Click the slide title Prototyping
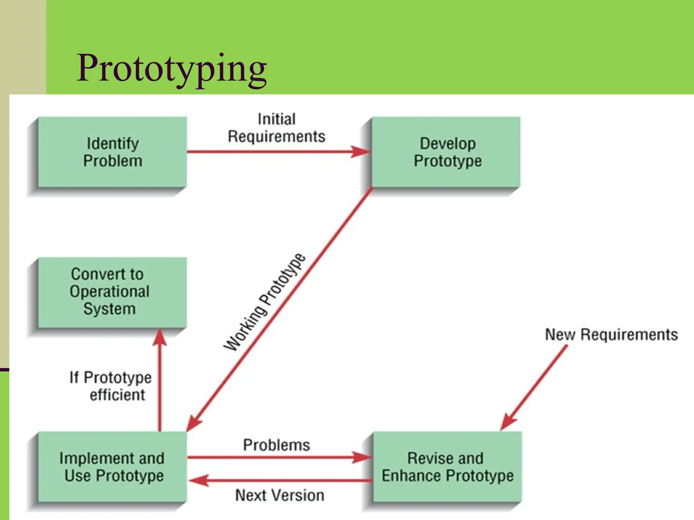[172, 69]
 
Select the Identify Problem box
[113, 152]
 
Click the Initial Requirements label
[276, 128]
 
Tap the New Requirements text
[611, 334]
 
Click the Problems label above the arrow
[276, 445]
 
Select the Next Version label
[280, 495]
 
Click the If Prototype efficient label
[111, 386]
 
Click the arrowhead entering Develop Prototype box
[361, 151]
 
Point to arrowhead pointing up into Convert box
[160, 338]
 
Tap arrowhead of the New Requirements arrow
[508, 422]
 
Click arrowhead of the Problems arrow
[362, 457]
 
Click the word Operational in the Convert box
[109, 292]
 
